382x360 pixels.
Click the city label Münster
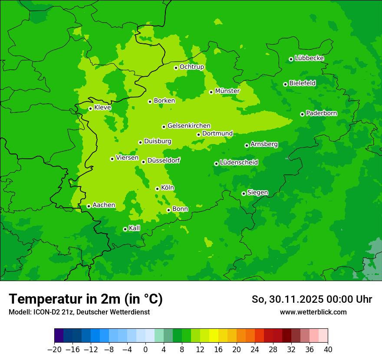[227, 91]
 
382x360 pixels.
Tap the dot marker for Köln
[157, 189]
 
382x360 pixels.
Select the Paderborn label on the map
[322, 113]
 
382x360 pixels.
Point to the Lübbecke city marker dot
[291, 59]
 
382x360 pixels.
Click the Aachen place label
[104, 205]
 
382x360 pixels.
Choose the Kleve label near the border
[102, 108]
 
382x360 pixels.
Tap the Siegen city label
[257, 193]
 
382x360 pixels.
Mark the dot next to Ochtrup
[176, 68]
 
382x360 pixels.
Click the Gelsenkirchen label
[189, 126]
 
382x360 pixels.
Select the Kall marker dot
[125, 229]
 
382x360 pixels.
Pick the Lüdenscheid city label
[239, 163]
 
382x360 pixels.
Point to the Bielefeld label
[303, 83]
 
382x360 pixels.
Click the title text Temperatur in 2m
[86, 299]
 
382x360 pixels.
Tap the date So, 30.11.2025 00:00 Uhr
[312, 299]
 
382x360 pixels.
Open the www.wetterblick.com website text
[313, 312]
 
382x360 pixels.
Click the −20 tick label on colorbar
[54, 350]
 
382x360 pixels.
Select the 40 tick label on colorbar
[328, 350]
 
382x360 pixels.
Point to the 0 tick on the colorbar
[145, 350]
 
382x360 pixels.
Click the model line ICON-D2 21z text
[79, 312]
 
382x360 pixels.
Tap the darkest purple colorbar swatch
[59, 336]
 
